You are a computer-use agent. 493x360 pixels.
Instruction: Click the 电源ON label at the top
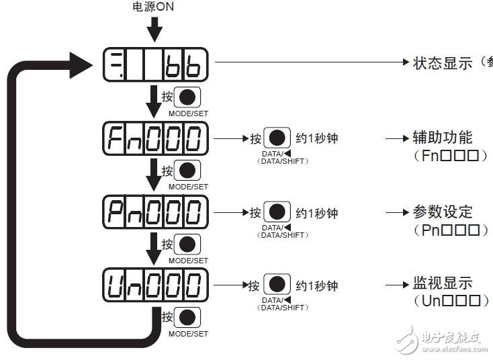(x=154, y=8)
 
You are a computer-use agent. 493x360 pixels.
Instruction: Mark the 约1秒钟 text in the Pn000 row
(x=317, y=213)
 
